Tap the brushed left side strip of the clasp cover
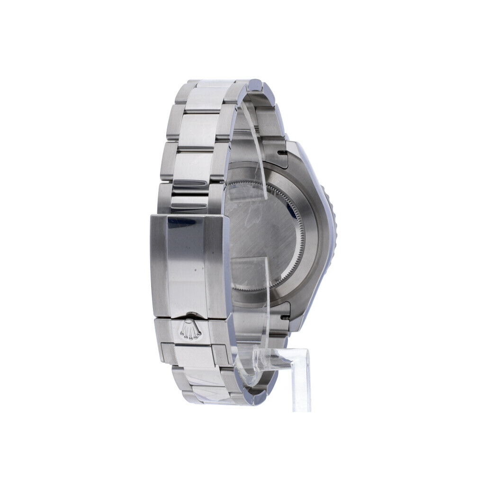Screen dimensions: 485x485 click(x=158, y=265)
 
